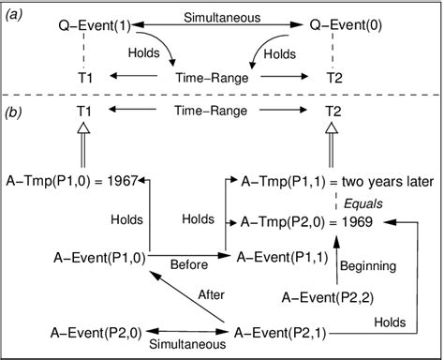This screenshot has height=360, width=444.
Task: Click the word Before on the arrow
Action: pyautogui.click(x=189, y=263)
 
